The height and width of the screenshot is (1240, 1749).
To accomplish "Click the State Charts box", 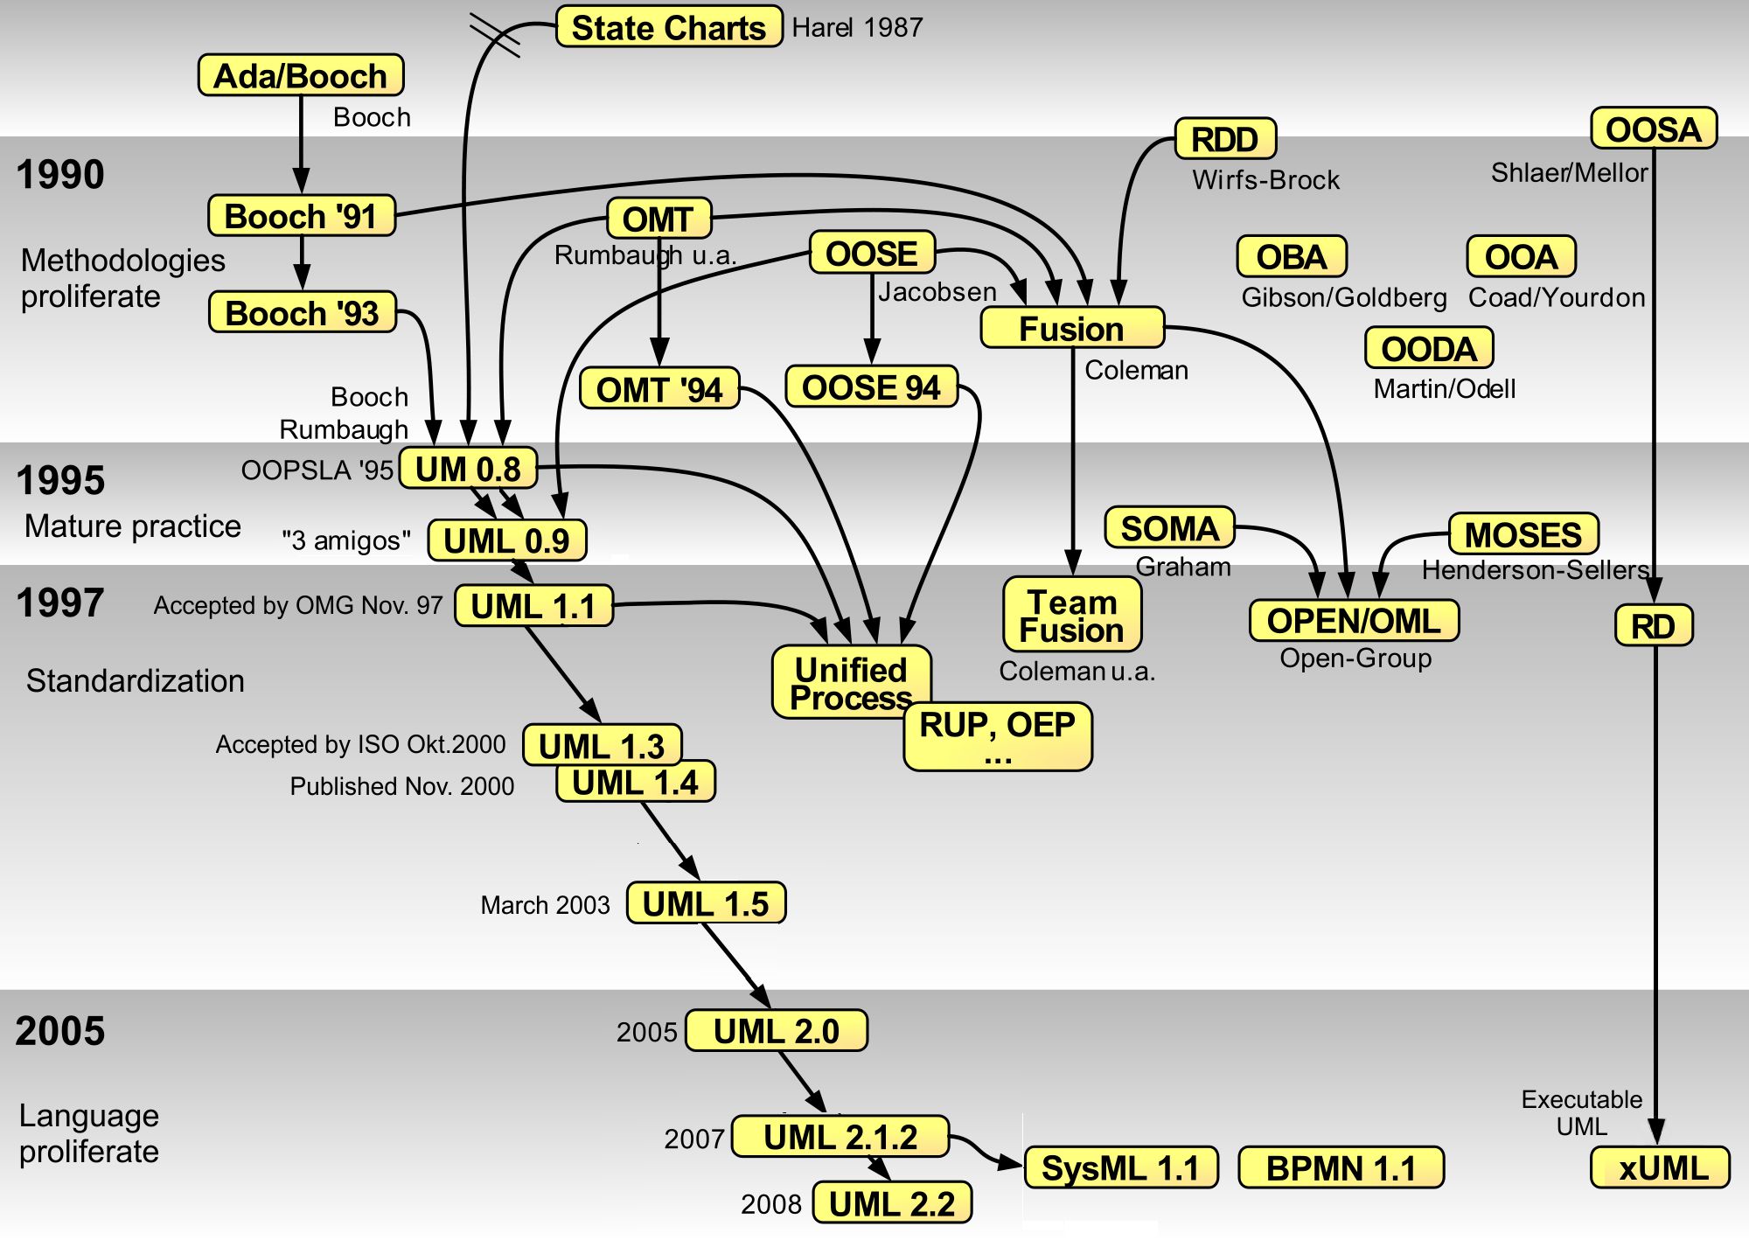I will (669, 27).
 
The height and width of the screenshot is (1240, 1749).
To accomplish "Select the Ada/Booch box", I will (301, 75).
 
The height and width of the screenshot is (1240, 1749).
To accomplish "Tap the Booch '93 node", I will (302, 312).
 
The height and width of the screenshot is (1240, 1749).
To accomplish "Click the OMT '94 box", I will (659, 389).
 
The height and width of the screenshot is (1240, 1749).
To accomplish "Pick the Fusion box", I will (1072, 329).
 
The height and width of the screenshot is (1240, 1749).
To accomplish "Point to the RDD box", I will (1225, 139).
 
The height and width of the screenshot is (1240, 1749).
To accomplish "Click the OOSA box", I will (1654, 129).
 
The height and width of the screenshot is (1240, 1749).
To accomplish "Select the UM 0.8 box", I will (468, 469).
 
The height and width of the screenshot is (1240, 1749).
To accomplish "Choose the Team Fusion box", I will (1072, 615).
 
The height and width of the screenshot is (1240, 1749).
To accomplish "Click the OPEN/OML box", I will (1354, 621).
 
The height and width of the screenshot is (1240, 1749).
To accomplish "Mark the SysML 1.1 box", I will (1120, 1168).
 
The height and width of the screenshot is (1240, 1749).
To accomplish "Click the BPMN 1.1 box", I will (1341, 1168).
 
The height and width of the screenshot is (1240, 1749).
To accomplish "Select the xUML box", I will (1660, 1168).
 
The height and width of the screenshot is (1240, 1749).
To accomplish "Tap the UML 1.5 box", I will (706, 903).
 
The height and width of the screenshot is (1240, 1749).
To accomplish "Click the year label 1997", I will (60, 603).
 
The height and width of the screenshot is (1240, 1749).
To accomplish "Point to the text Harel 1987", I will (857, 28).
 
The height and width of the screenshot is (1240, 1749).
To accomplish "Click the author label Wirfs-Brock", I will (1265, 180).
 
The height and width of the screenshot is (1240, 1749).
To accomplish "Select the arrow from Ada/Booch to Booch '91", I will (301, 144).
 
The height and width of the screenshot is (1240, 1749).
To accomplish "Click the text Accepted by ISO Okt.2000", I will (360, 744).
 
